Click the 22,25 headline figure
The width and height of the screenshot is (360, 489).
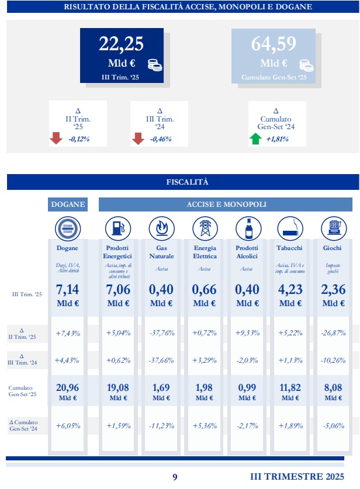tap(121, 44)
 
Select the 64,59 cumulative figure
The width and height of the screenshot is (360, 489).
tap(274, 44)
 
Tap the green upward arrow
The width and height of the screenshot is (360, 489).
tap(255, 139)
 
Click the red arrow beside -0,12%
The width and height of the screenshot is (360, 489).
tap(56, 139)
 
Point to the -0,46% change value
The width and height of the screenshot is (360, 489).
tap(160, 139)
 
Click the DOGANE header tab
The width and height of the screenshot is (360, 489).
tap(68, 204)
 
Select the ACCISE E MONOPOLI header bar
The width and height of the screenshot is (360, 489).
tap(226, 204)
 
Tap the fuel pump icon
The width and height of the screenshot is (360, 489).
tap(117, 228)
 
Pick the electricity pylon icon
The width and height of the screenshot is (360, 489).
tap(205, 228)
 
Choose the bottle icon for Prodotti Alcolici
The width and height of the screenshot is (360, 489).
tap(245, 228)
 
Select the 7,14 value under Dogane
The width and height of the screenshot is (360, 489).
tap(68, 290)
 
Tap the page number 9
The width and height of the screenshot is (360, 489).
tap(175, 477)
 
